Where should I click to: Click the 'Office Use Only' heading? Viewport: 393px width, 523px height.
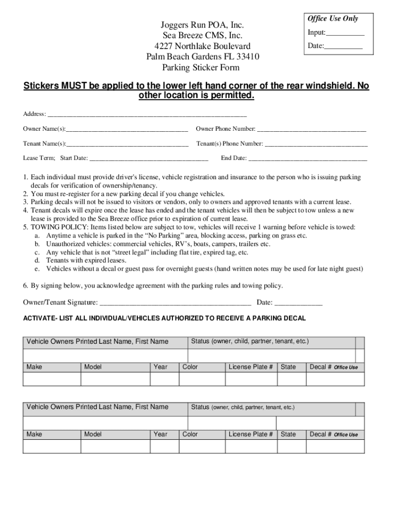[x=332, y=19]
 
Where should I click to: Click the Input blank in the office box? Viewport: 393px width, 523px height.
[x=345, y=34]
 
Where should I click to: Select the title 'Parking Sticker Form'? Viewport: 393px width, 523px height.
[x=201, y=67]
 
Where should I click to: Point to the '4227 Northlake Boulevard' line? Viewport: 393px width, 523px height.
[x=203, y=46]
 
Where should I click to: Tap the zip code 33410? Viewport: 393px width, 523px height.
[x=248, y=57]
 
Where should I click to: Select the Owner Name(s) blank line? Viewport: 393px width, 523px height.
[x=127, y=129]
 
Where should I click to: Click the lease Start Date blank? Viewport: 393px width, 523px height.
[x=149, y=158]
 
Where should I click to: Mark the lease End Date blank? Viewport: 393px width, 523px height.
[x=307, y=158]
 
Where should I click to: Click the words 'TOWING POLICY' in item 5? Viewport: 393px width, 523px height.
[x=55, y=227]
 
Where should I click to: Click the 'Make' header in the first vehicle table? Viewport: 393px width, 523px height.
[x=34, y=367]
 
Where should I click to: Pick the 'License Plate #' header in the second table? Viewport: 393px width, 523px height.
[x=251, y=435]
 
